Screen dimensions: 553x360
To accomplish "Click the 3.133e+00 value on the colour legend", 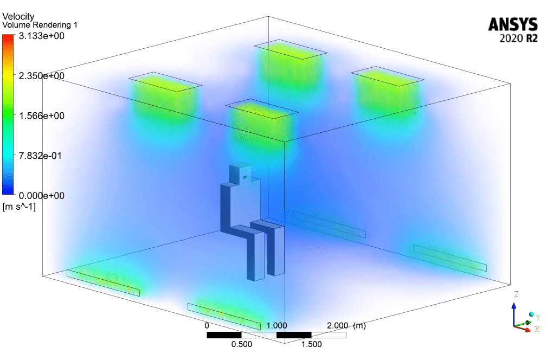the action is point(42,36).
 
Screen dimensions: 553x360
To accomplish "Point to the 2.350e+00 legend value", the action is point(42,76).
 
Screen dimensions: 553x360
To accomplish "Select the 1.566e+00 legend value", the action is point(42,115).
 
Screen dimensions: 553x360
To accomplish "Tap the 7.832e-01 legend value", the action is point(40,156).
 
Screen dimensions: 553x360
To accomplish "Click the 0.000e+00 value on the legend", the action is point(42,196).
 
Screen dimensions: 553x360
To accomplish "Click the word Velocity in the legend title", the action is point(18,17).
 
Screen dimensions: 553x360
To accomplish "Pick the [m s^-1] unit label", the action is point(19,207).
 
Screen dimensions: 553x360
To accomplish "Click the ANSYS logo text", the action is point(513,25).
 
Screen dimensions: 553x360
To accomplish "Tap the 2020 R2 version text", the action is point(518,38).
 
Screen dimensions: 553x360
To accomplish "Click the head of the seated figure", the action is point(242,172).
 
